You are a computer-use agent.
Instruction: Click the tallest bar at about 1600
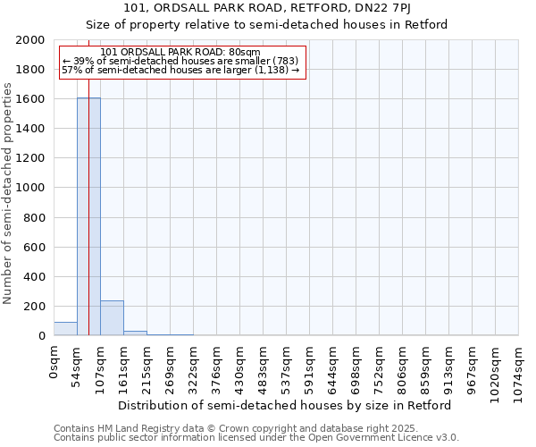coord(88,216)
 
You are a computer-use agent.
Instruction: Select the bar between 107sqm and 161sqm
coord(112,318)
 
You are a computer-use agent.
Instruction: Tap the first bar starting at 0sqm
coord(65,329)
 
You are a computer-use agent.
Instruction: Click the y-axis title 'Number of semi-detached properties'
coord(9,194)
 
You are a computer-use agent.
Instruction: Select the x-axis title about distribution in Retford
coord(285,405)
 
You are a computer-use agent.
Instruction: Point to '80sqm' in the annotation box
coord(242,53)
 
